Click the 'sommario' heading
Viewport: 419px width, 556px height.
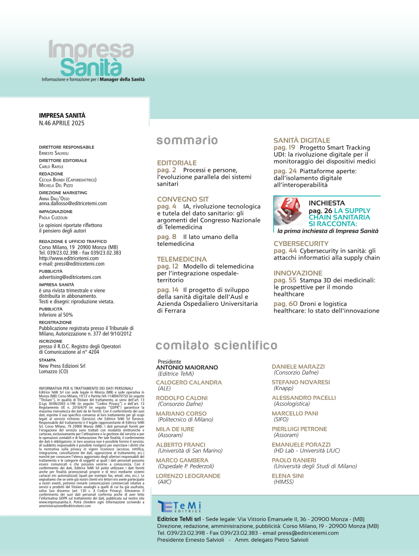(x=187, y=141)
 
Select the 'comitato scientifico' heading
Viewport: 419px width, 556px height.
(x=216, y=345)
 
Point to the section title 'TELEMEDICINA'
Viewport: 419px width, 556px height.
(x=182, y=259)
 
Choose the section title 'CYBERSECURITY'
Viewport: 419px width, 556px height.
(x=301, y=244)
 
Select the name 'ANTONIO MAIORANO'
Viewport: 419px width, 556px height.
(x=187, y=367)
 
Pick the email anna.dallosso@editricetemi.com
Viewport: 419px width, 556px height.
(x=73, y=203)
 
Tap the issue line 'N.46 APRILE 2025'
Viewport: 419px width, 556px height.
(x=62, y=123)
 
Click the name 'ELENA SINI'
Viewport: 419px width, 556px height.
(x=288, y=475)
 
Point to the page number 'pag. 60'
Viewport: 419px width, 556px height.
(x=285, y=304)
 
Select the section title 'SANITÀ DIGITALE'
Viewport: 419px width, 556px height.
(x=302, y=141)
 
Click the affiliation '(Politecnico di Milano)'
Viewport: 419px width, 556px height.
(x=185, y=419)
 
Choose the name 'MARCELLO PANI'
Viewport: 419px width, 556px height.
(x=295, y=413)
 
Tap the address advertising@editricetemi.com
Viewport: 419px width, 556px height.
(x=70, y=278)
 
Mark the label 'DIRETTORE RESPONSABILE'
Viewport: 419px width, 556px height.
(x=66, y=147)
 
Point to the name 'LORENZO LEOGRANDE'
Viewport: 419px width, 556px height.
(x=188, y=476)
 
